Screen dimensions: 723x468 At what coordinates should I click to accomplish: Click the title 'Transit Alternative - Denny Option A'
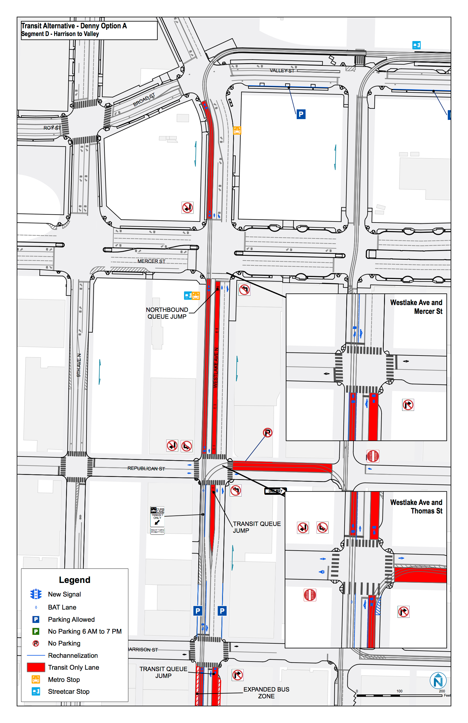[74, 26]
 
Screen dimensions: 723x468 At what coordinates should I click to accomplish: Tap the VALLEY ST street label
[282, 71]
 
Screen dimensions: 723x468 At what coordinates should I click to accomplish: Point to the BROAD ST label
[144, 100]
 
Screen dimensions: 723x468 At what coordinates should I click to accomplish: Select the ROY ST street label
[52, 128]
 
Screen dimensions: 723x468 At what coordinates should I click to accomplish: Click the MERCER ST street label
[151, 261]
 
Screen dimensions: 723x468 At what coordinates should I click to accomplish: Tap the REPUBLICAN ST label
[146, 468]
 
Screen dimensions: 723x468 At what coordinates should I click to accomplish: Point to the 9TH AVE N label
[79, 365]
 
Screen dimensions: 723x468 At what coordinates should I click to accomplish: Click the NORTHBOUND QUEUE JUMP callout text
[167, 313]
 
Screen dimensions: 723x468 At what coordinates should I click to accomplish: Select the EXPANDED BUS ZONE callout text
[266, 693]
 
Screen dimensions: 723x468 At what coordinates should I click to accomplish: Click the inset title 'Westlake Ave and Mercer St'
[416, 307]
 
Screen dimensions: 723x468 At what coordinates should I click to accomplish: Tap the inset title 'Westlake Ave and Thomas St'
[416, 506]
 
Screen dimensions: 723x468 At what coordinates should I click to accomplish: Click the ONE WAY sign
[275, 491]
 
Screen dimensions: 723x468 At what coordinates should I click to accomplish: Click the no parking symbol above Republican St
[267, 433]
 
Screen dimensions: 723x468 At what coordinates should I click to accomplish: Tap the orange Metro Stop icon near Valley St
[237, 130]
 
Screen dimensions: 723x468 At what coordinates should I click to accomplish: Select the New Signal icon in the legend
[36, 594]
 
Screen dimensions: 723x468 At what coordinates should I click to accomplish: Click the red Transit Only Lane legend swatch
[36, 667]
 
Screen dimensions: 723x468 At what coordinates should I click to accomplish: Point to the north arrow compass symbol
[438, 681]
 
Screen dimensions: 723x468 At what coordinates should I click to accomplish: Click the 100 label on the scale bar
[399, 691]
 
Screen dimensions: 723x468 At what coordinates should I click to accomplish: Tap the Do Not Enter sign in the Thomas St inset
[310, 595]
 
